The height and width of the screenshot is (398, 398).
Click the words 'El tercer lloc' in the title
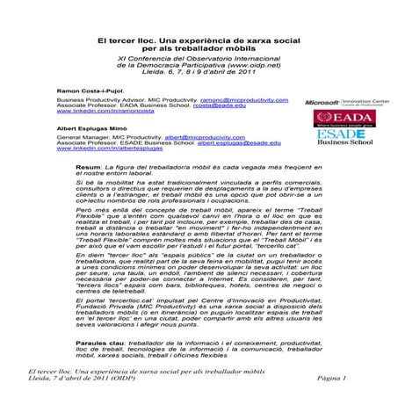121,39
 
